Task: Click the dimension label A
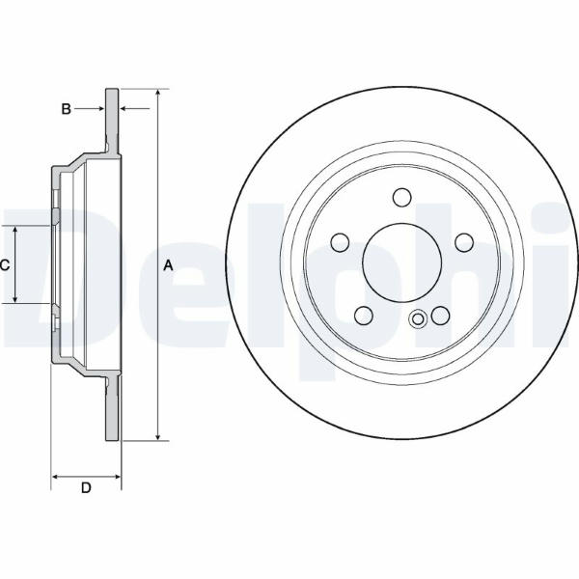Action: pyautogui.click(x=168, y=265)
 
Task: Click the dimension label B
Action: pyautogui.click(x=66, y=109)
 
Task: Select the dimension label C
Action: pyautogui.click(x=5, y=264)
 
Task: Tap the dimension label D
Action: pyautogui.click(x=86, y=487)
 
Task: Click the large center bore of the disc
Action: pyautogui.click(x=402, y=262)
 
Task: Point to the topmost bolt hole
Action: pyautogui.click(x=401, y=198)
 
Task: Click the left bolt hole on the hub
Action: pyautogui.click(x=340, y=242)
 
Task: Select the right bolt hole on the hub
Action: pyautogui.click(x=464, y=242)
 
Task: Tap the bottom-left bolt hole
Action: pyautogui.click(x=364, y=316)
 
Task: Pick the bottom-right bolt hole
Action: pyautogui.click(x=441, y=316)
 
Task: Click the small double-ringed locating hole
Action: pyautogui.click(x=418, y=318)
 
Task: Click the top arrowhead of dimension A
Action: pyautogui.click(x=157, y=93)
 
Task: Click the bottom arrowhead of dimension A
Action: pyautogui.click(x=157, y=436)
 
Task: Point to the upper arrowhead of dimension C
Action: pyautogui.click(x=15, y=230)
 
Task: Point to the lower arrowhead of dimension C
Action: pyautogui.click(x=15, y=298)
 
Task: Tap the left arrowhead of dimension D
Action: pyautogui.click(x=55, y=477)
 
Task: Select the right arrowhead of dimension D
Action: pyautogui.click(x=117, y=477)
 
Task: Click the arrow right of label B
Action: pyautogui.click(x=135, y=108)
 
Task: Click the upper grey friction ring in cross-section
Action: pyautogui.click(x=112, y=121)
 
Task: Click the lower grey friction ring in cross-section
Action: pyautogui.click(x=112, y=409)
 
